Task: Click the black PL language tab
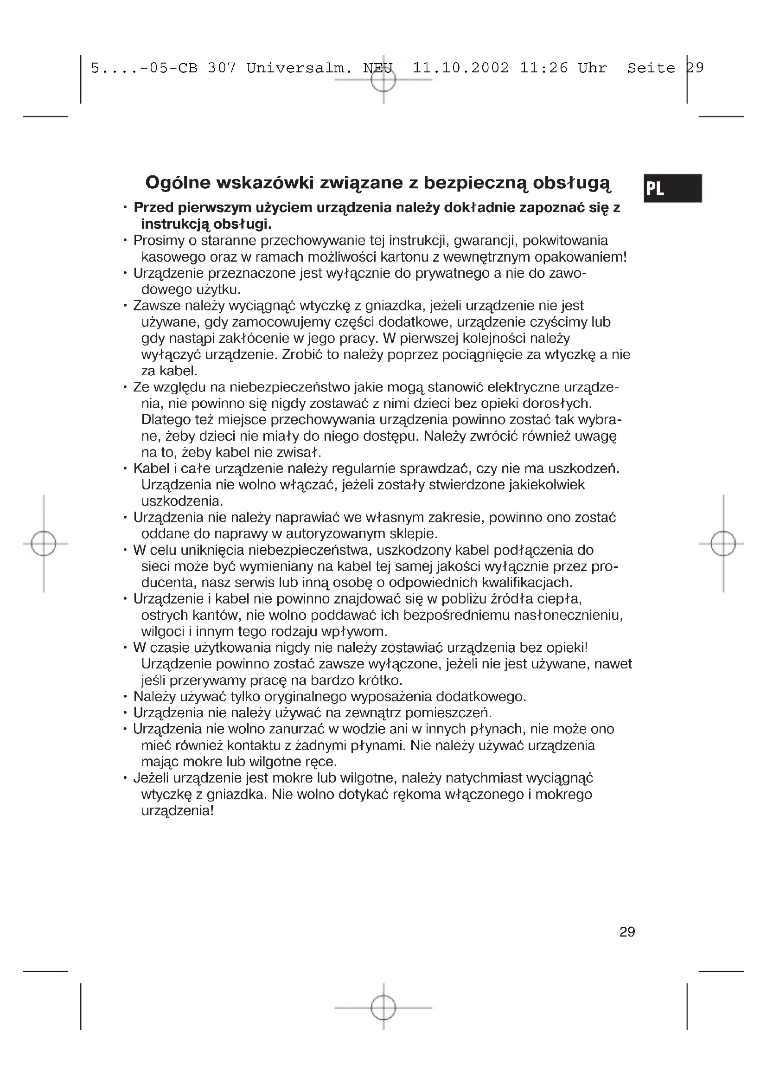point(672,188)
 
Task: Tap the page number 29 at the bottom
point(627,932)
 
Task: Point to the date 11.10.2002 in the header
point(460,68)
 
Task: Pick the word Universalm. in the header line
point(300,68)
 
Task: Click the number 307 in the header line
point(222,68)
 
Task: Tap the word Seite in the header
point(651,68)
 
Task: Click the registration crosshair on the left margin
point(44,544)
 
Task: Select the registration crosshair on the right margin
point(723,544)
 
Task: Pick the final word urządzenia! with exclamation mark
point(178,811)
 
